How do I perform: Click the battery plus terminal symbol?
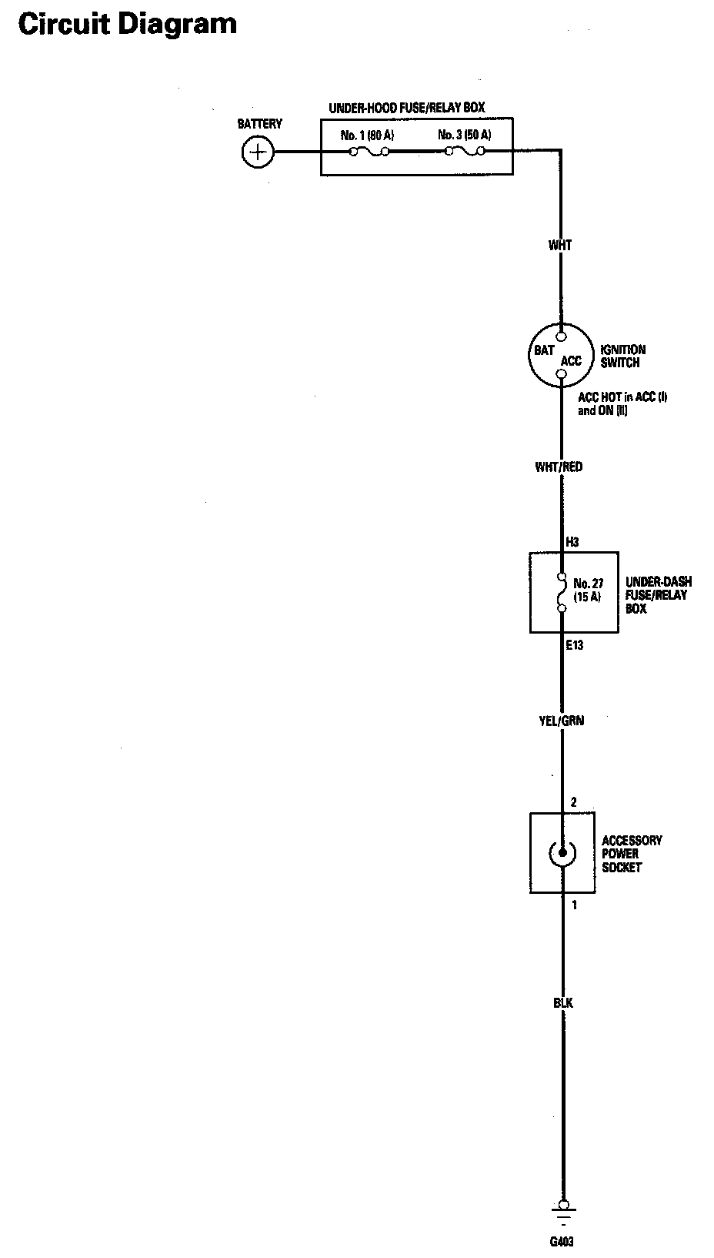pyautogui.click(x=257, y=152)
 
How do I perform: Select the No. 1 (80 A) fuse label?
pyautogui.click(x=367, y=136)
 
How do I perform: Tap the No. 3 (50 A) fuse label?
pyautogui.click(x=465, y=136)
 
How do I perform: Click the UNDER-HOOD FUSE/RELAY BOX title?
pyautogui.click(x=406, y=109)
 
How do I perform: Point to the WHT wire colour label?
pyautogui.click(x=560, y=246)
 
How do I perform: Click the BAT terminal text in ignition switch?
pyautogui.click(x=544, y=350)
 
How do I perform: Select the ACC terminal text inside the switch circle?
pyautogui.click(x=571, y=360)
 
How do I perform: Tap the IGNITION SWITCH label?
pyautogui.click(x=622, y=356)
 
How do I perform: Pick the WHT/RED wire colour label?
pyautogui.click(x=559, y=467)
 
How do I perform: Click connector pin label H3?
pyautogui.click(x=572, y=542)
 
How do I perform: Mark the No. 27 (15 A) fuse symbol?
pyautogui.click(x=562, y=592)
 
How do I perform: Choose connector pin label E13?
pyautogui.click(x=574, y=645)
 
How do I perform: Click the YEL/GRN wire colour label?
pyautogui.click(x=561, y=721)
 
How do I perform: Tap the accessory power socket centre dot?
pyautogui.click(x=562, y=851)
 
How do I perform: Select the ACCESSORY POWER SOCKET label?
pyautogui.click(x=631, y=854)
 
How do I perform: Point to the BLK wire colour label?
pyautogui.click(x=562, y=1003)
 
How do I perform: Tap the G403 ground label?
pyautogui.click(x=562, y=1241)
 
